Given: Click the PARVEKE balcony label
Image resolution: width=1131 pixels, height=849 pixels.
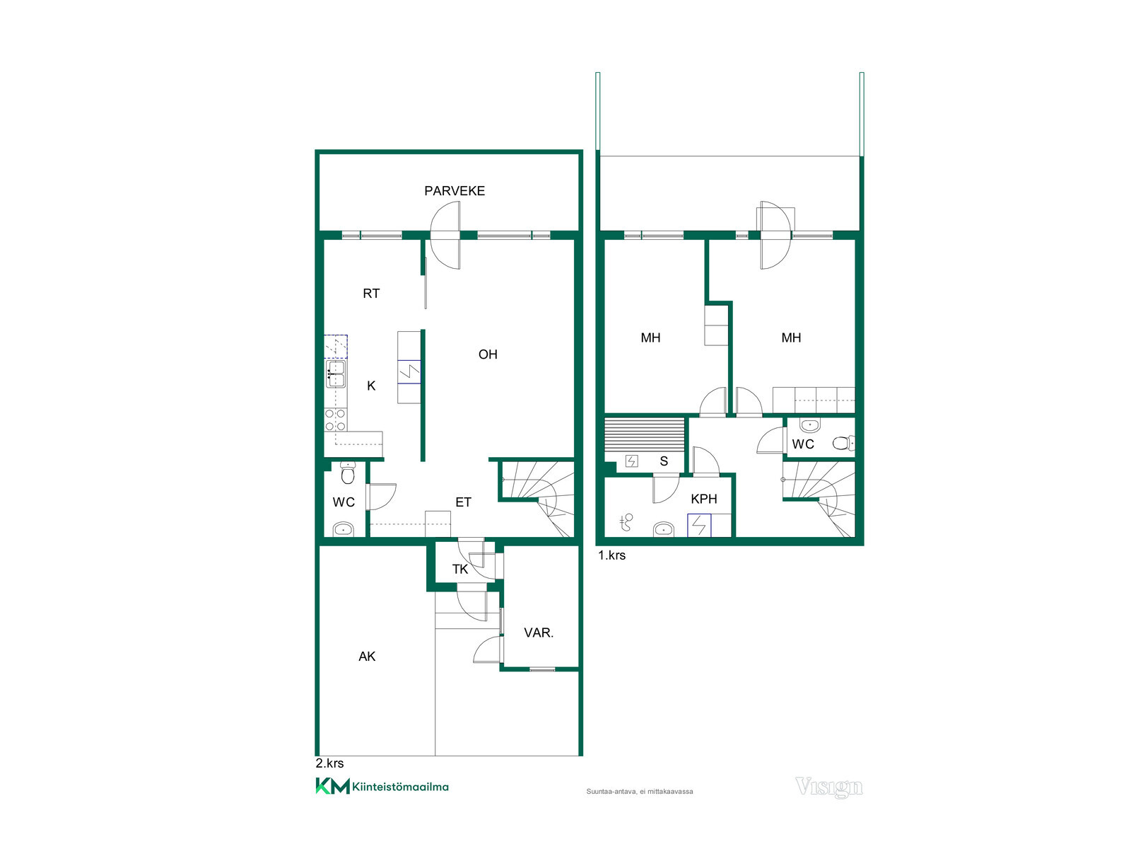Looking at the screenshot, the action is [x=454, y=191].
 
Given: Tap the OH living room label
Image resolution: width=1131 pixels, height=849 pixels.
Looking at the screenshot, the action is [x=488, y=354].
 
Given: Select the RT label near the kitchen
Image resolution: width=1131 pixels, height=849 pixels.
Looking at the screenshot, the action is [x=371, y=294].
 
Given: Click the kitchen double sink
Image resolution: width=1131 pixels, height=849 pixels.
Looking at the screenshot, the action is [x=336, y=374].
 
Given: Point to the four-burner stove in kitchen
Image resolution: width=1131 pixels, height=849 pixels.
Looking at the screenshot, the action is [x=335, y=420].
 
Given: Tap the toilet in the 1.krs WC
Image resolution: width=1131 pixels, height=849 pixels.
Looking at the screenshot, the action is [x=843, y=443].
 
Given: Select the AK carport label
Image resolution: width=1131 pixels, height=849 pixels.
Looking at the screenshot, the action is [x=367, y=657].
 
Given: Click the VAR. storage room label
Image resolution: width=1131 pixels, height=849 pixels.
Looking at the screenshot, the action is [x=539, y=633].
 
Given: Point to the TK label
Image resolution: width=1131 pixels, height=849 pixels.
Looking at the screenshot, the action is [x=459, y=569].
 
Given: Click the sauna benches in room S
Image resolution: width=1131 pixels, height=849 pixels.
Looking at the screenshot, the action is [x=644, y=434].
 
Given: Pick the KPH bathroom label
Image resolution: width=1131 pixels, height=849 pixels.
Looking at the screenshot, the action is [x=704, y=499].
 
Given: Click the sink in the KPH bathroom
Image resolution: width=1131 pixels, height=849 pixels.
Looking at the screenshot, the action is [x=664, y=529].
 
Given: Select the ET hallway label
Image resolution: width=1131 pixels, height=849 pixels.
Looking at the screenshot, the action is [x=463, y=502].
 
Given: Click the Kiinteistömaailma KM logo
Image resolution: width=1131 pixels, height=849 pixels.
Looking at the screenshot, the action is [x=382, y=787].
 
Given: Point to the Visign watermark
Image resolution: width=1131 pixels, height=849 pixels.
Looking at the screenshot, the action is [x=829, y=787].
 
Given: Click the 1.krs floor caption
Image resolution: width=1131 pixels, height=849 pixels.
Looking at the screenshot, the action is [x=611, y=555].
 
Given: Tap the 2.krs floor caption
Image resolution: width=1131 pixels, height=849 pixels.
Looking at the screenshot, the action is [x=329, y=763].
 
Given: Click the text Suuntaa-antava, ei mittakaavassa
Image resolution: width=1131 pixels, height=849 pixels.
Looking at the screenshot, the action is [x=640, y=791].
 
